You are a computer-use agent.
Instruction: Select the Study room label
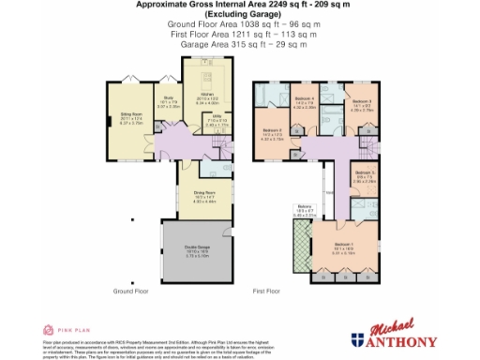click(x=169, y=97)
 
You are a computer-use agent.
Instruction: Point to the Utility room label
click(x=216, y=120)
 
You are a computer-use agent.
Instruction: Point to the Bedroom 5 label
click(x=365, y=174)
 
